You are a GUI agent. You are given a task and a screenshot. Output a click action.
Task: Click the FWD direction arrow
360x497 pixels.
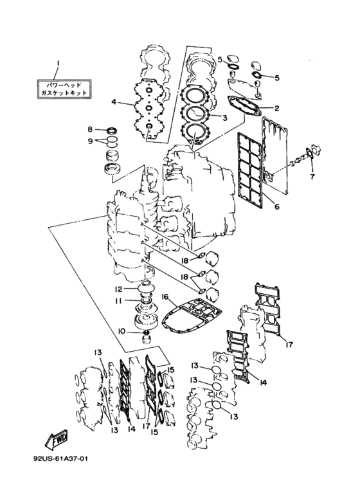(57, 440)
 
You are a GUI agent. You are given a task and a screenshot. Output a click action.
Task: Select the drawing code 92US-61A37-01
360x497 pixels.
(60, 458)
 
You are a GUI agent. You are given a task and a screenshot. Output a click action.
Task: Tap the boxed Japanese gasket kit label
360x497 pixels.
(63, 89)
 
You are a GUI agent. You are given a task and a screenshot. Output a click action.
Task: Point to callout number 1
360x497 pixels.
(58, 64)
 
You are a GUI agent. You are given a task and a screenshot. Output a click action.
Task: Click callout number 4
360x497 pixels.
(114, 102)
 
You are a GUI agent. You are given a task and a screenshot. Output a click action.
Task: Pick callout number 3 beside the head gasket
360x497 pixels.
(225, 118)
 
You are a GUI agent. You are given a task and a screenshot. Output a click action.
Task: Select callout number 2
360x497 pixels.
(276, 109)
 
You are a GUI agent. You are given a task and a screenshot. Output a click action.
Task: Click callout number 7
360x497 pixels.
(312, 177)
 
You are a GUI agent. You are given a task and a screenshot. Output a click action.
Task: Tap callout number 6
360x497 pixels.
(276, 206)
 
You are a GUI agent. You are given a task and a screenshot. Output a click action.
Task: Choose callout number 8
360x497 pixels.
(90, 129)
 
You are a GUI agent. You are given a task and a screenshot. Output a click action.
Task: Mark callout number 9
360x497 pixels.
(90, 141)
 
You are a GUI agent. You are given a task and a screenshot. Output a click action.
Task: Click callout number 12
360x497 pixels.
(118, 289)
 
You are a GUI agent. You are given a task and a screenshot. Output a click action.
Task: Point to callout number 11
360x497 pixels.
(118, 301)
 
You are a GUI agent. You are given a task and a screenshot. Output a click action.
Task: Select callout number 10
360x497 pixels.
(122, 332)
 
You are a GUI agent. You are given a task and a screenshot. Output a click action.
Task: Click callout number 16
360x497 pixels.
(165, 296)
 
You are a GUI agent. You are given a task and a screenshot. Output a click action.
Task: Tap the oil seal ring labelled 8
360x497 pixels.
(111, 130)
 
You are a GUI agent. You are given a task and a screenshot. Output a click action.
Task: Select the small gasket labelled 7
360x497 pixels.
(310, 154)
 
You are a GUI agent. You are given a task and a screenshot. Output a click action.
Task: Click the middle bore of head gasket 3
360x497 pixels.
(195, 114)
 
